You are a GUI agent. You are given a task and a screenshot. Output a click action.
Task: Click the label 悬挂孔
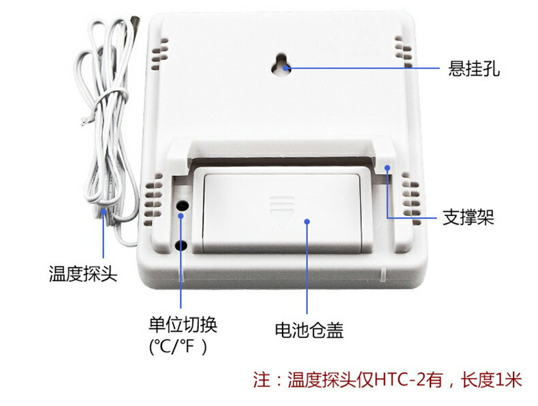coord(473,69)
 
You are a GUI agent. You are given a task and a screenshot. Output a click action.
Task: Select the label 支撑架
coord(468,218)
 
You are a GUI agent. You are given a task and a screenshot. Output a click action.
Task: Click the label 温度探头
coord(82,275)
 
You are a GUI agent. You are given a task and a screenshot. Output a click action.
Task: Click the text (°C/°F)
coord(178,346)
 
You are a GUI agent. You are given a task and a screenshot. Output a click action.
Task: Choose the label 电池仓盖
coord(308,331)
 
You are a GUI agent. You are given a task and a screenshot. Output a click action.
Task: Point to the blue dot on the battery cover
coord(308,222)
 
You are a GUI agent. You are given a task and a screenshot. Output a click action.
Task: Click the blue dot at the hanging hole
coord(287,68)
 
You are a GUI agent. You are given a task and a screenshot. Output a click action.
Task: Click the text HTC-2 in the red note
coord(394,379)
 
